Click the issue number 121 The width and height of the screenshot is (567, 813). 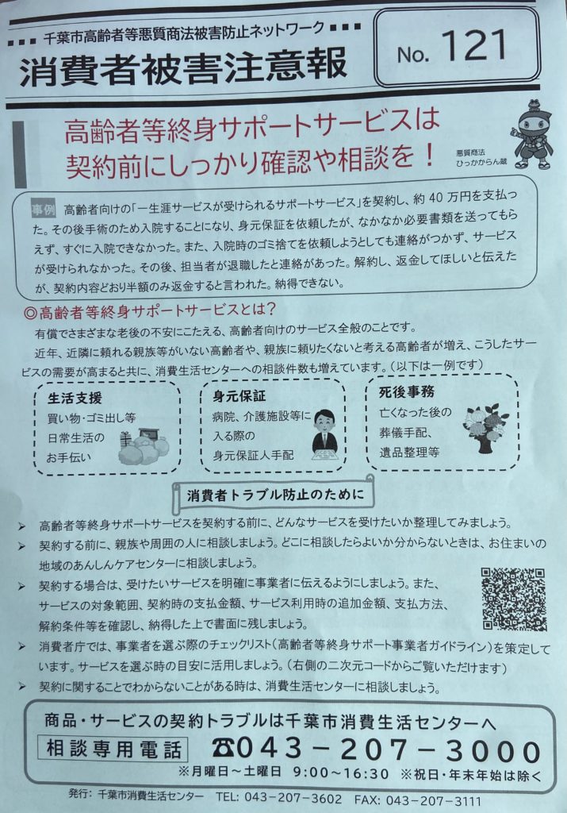pyautogui.click(x=474, y=45)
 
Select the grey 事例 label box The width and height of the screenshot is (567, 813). pyautogui.click(x=43, y=209)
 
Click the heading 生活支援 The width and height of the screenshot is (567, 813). pyautogui.click(x=75, y=398)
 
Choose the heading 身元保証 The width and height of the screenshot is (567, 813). pyautogui.click(x=239, y=396)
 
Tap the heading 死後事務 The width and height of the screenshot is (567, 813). pyautogui.click(x=407, y=391)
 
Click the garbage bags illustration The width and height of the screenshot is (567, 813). pyautogui.click(x=144, y=446)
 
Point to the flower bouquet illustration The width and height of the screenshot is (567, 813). pyautogui.click(x=485, y=428)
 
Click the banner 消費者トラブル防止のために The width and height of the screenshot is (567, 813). pyautogui.click(x=274, y=495)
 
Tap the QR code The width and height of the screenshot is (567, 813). pyautogui.click(x=514, y=599)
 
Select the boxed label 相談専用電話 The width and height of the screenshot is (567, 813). pyautogui.click(x=113, y=748)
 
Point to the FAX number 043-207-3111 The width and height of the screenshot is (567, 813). pyautogui.click(x=434, y=800)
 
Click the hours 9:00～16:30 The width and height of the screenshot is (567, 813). pyautogui.click(x=340, y=773)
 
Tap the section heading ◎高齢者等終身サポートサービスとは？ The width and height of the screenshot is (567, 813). pyautogui.click(x=151, y=310)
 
